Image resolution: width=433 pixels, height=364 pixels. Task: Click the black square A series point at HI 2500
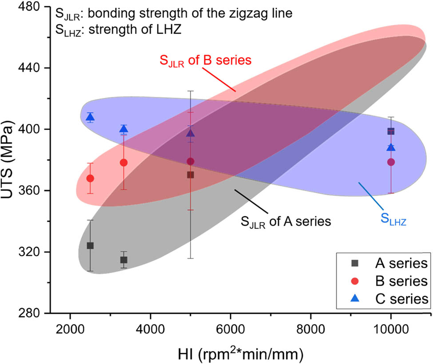coord(90,246)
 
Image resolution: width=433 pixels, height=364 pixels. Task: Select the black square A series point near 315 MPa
coord(124,260)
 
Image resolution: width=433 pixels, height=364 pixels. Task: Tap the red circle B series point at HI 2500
coord(90,178)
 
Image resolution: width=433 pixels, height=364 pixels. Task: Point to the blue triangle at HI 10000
coord(391,148)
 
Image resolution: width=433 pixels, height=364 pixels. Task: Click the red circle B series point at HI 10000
coord(391,162)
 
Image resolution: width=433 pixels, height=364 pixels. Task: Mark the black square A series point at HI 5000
coord(191,175)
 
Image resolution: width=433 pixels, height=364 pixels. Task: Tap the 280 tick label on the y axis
coord(32,313)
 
